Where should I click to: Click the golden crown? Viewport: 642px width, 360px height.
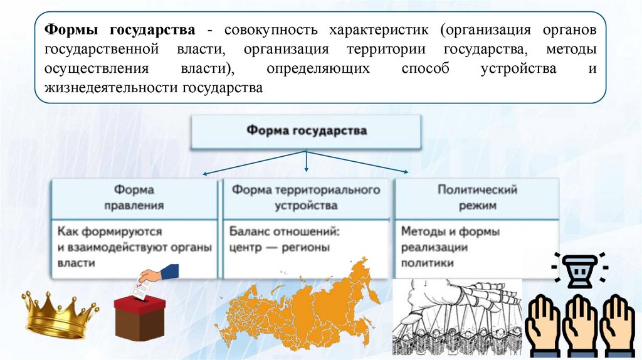click(60, 314)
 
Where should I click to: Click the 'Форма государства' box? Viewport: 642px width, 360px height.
click(306, 132)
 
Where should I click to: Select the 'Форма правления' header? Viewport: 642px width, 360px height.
click(134, 197)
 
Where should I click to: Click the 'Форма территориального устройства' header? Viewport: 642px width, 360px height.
click(306, 197)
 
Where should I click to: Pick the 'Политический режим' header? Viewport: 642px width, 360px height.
click(476, 197)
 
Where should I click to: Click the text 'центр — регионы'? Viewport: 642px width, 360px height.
click(279, 247)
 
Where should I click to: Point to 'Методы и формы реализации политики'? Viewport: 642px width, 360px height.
click(450, 247)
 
